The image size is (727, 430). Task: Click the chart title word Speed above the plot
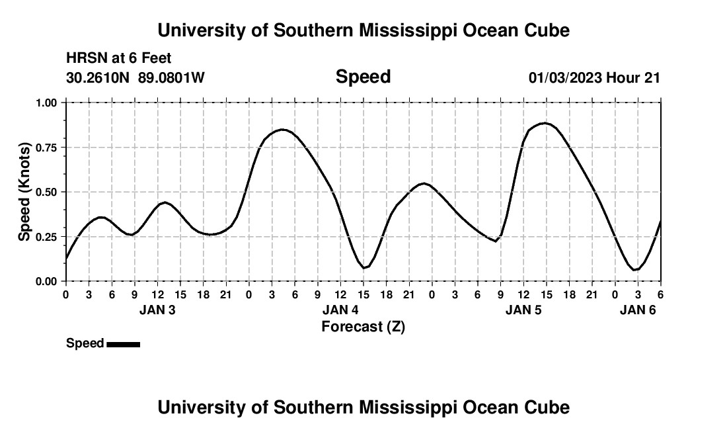tap(363, 77)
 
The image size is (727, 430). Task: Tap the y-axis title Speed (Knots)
tap(24, 192)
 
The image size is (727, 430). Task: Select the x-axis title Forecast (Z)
tap(363, 327)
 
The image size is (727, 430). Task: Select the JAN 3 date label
tap(157, 310)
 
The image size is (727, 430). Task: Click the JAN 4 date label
tap(340, 310)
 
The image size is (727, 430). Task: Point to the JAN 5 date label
tap(523, 310)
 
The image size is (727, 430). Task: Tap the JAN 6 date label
tap(638, 310)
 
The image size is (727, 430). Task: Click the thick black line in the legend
tap(123, 344)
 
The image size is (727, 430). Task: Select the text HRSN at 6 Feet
tap(119, 59)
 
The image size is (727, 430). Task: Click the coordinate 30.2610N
tap(99, 78)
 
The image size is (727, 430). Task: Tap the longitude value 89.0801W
tap(171, 78)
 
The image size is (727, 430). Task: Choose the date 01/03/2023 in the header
tap(565, 78)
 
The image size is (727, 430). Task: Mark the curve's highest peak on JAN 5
tap(545, 123)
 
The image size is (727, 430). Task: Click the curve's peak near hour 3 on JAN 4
tap(283, 130)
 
